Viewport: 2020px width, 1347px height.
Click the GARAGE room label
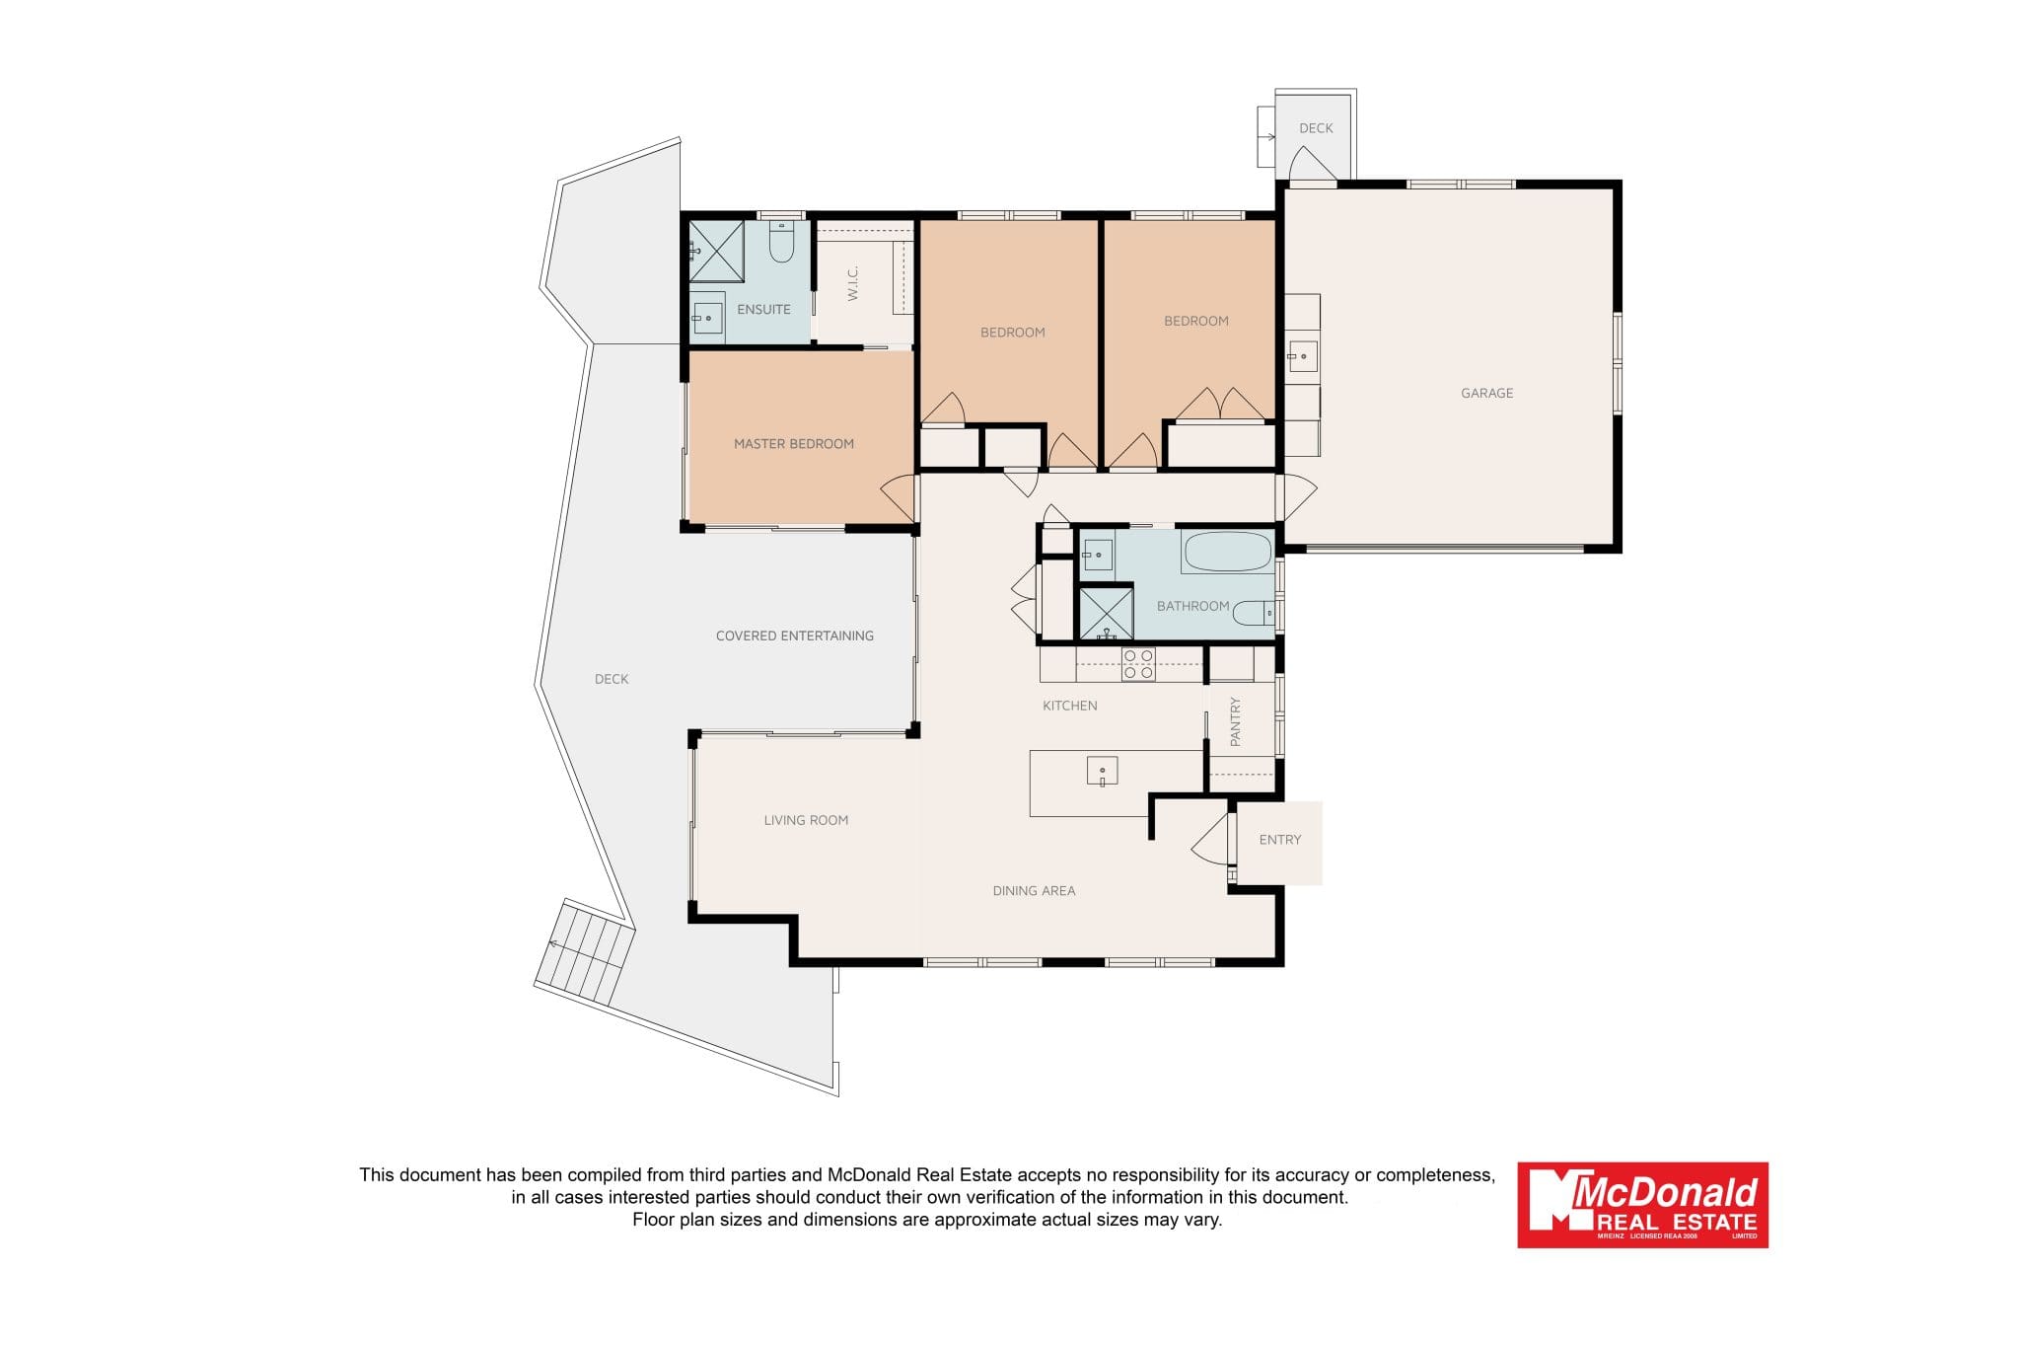coord(1486,393)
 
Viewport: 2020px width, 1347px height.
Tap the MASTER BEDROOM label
coord(794,444)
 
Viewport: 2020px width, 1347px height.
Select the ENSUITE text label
coord(763,309)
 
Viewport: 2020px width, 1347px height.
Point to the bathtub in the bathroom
coord(1228,552)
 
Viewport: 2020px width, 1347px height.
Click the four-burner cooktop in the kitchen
coord(1138,664)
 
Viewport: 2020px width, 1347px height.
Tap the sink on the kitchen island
coord(1102,771)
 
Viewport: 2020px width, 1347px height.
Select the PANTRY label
coord(1235,721)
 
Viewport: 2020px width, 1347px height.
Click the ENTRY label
coord(1280,840)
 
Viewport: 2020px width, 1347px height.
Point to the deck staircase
coord(584,951)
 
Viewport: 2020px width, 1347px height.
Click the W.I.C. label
coord(853,283)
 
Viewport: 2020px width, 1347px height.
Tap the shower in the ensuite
coord(716,251)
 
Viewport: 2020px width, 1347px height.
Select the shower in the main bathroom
coord(1106,613)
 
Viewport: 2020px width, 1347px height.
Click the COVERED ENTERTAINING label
coord(795,636)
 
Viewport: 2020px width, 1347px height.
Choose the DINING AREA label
coord(1034,891)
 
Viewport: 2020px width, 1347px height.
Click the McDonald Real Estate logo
coord(1642,1205)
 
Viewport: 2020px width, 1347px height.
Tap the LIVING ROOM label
coord(806,820)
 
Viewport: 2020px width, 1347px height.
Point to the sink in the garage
coord(1302,356)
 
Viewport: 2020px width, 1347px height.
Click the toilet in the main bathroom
coord(1254,613)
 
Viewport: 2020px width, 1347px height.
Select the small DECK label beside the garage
coord(1316,128)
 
